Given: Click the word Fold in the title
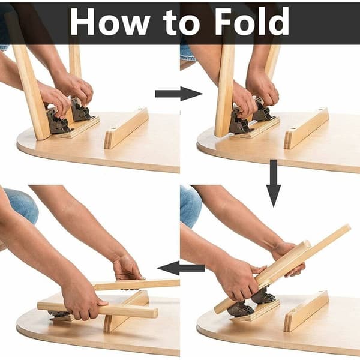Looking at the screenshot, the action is coord(251,21).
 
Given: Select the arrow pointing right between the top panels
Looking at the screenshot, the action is coord(179,94).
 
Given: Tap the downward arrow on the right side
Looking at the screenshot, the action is coord(274,183).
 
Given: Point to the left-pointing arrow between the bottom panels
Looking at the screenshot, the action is coord(181,268).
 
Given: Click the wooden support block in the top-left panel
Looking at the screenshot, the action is coord(126,129).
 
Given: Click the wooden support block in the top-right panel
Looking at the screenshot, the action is coord(306,129).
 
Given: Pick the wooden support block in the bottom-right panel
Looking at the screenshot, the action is coord(306,311).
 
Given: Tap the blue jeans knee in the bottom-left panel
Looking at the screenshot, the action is coord(22,205).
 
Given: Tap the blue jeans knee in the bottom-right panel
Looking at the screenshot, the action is coord(190,206).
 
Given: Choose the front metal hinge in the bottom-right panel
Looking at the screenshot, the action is coord(241,309).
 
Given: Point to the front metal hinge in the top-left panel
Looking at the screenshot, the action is coord(59,121).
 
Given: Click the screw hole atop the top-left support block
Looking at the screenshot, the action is coord(140,109).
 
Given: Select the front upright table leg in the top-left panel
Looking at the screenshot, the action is coord(31,92).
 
